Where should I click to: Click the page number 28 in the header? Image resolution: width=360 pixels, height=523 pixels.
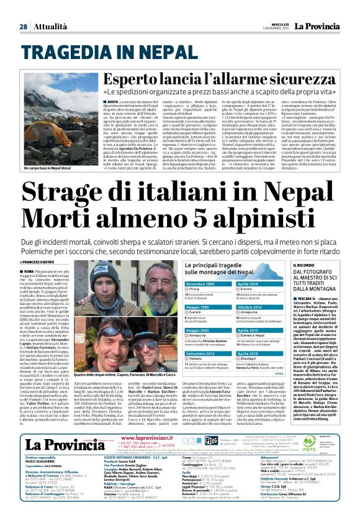[x=23, y=27]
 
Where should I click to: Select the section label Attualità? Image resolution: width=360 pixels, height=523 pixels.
[x=48, y=27]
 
